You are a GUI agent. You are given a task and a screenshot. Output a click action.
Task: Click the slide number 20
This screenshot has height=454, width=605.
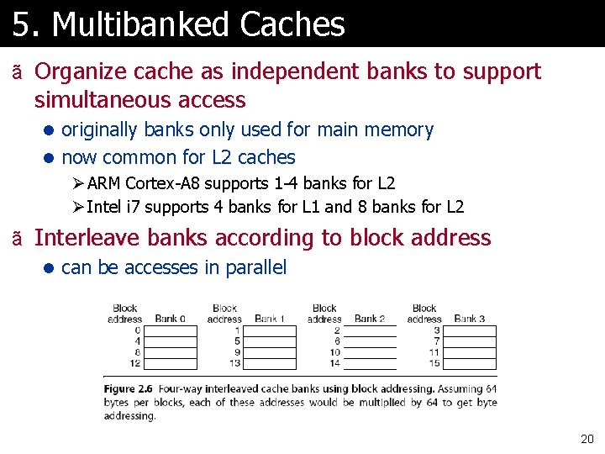pyautogui.click(x=587, y=439)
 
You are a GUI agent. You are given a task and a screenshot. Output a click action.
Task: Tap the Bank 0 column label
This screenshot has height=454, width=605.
pyautogui.click(x=170, y=319)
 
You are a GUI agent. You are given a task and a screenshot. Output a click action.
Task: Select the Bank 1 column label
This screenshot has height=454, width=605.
pyautogui.click(x=270, y=319)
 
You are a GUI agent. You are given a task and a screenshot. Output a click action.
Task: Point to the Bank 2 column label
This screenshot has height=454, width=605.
pyautogui.click(x=370, y=319)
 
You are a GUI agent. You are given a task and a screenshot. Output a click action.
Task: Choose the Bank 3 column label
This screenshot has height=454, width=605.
pyautogui.click(x=470, y=319)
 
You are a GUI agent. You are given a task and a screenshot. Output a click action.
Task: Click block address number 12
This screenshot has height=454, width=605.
pyautogui.click(x=135, y=363)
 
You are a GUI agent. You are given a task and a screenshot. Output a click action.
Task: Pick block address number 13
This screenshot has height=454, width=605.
pyautogui.click(x=234, y=363)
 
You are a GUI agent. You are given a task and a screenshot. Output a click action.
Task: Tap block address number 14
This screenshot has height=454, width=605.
pyautogui.click(x=334, y=363)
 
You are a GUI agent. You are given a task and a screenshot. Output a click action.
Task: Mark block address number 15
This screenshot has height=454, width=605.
pyautogui.click(x=434, y=363)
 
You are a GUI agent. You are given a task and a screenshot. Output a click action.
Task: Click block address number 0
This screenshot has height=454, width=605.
pyautogui.click(x=137, y=330)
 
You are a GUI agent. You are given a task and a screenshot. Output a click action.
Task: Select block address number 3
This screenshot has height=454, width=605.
pyautogui.click(x=437, y=330)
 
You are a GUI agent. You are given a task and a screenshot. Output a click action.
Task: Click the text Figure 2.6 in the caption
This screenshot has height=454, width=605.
pyautogui.click(x=128, y=389)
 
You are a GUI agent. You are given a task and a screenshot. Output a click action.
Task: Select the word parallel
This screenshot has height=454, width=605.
pyautogui.click(x=255, y=268)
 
